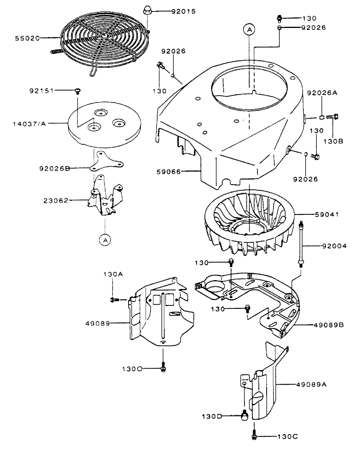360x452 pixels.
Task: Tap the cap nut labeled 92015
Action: pyautogui.click(x=148, y=10)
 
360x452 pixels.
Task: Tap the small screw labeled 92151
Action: pyautogui.click(x=78, y=91)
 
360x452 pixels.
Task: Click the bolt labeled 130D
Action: pyautogui.click(x=243, y=415)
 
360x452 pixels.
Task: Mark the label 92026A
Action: pyautogui.click(x=322, y=93)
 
